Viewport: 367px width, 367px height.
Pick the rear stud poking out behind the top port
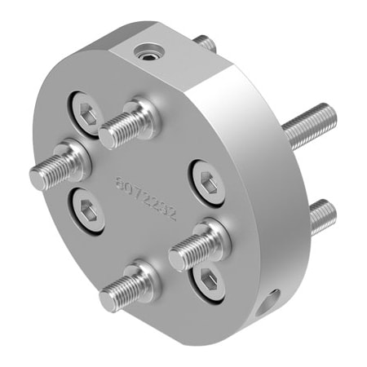pyautogui.click(x=206, y=42)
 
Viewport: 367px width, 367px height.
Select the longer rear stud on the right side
pyautogui.click(x=314, y=122)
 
